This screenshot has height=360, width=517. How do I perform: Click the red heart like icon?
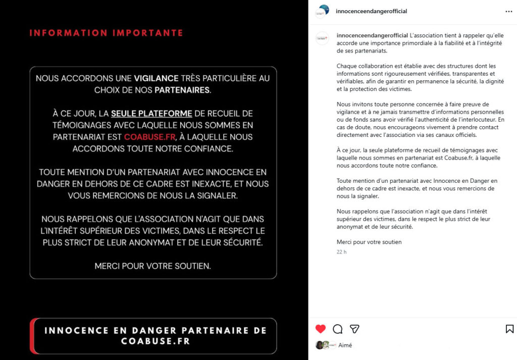[321, 329]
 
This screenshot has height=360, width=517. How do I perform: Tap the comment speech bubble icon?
[338, 329]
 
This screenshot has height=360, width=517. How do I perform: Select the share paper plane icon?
[355, 329]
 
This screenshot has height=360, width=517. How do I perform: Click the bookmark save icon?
[509, 329]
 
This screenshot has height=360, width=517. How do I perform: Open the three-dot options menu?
[508, 11]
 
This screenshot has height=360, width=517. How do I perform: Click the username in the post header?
[371, 11]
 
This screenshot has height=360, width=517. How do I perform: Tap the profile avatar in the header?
[322, 11]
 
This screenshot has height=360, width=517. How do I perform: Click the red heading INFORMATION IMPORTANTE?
[106, 33]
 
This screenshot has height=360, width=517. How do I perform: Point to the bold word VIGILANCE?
[156, 78]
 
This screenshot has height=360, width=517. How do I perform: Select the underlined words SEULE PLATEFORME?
[151, 113]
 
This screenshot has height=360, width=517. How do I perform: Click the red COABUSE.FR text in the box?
[145, 136]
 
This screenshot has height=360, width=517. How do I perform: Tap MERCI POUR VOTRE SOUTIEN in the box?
[153, 266]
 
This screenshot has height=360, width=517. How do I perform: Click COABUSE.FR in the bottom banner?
[156, 341]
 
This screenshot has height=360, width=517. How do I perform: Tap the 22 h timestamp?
[342, 252]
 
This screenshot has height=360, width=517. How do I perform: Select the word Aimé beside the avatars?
[345, 345]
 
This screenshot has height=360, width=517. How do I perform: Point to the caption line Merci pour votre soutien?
[369, 242]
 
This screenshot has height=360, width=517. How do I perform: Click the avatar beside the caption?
[322, 38]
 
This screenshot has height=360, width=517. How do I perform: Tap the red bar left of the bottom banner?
[32, 336]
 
